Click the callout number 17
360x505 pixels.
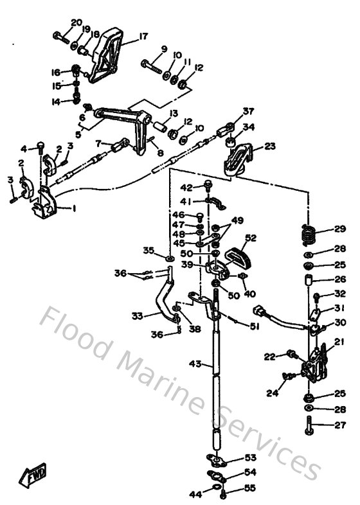tap(143, 36)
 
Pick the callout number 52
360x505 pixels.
tap(250, 237)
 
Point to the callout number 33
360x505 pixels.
tap(137, 315)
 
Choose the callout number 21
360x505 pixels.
tap(339, 341)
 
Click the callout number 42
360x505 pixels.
tap(186, 188)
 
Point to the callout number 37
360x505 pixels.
tap(248, 111)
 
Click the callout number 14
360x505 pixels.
tap(56, 102)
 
